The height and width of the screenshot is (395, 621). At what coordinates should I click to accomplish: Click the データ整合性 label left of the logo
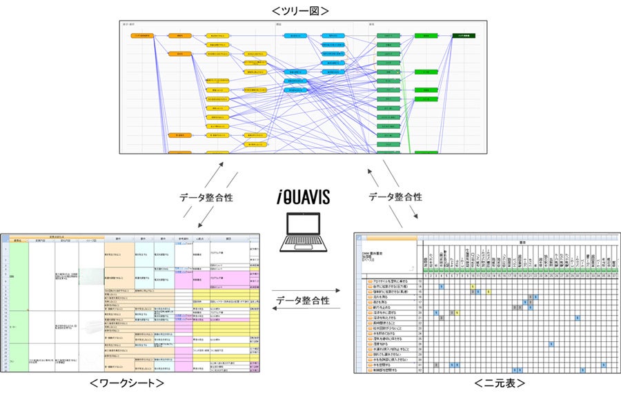point(205,197)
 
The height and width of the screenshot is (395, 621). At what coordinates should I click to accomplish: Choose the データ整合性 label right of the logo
point(396,197)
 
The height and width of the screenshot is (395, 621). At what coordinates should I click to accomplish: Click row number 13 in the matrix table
point(420,281)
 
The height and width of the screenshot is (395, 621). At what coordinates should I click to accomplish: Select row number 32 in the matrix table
point(420,369)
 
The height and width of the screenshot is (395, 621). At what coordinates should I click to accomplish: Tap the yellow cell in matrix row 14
point(473,287)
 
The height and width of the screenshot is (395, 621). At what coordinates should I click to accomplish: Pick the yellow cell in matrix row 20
point(456,312)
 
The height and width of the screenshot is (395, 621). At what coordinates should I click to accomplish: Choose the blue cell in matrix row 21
point(577,318)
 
